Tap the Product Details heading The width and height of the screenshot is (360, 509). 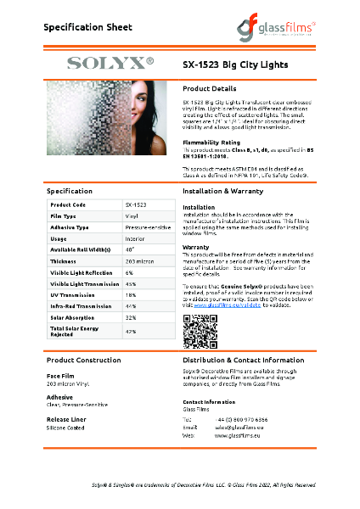tap(210, 88)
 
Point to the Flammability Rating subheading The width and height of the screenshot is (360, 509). tap(211, 142)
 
